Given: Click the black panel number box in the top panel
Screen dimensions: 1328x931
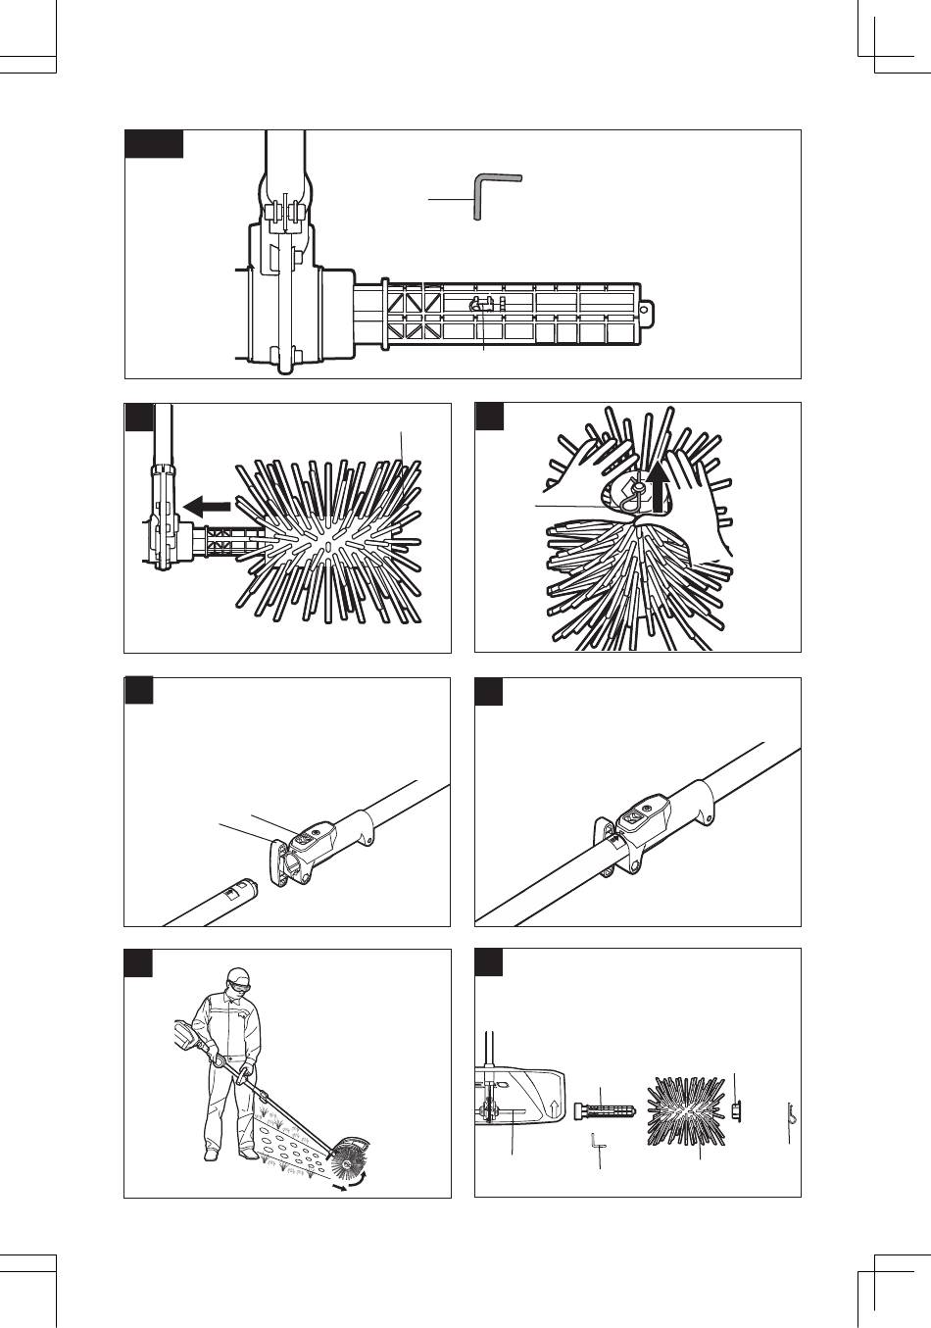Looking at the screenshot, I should (x=155, y=144).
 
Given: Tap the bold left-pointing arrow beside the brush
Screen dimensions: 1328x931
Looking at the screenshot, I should (x=207, y=506).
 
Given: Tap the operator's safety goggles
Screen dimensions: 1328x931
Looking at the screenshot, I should (x=244, y=984).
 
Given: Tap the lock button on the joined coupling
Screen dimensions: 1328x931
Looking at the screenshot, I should (x=633, y=815).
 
